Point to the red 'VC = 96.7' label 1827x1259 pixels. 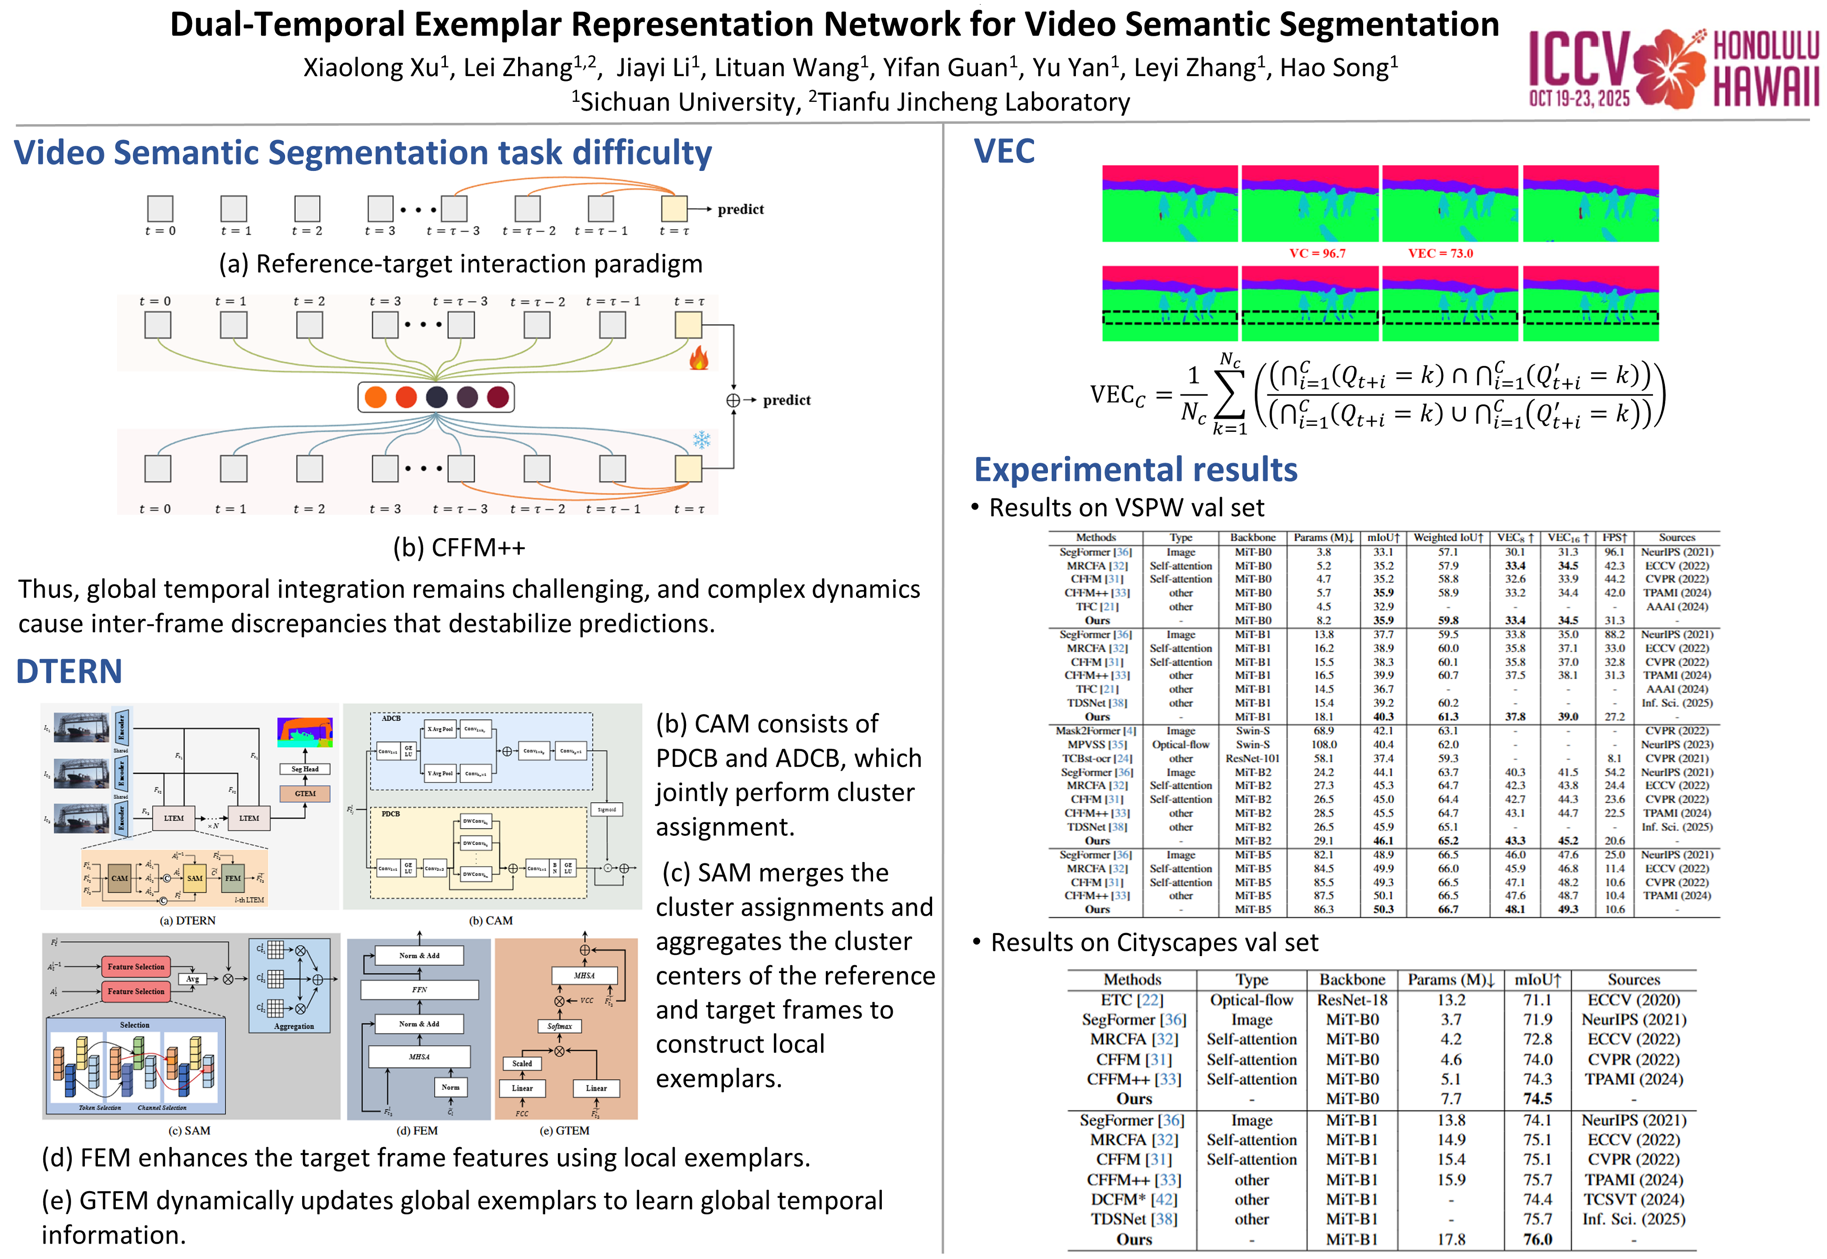tap(1317, 253)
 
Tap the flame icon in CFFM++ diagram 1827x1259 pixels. tap(698, 359)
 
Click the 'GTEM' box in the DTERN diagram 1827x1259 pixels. tap(305, 793)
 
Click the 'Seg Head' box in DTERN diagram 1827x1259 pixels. tap(305, 769)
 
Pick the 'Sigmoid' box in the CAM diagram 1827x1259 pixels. tap(607, 809)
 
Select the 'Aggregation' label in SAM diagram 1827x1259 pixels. tap(293, 1026)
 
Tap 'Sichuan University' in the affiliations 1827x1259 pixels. tap(690, 103)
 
